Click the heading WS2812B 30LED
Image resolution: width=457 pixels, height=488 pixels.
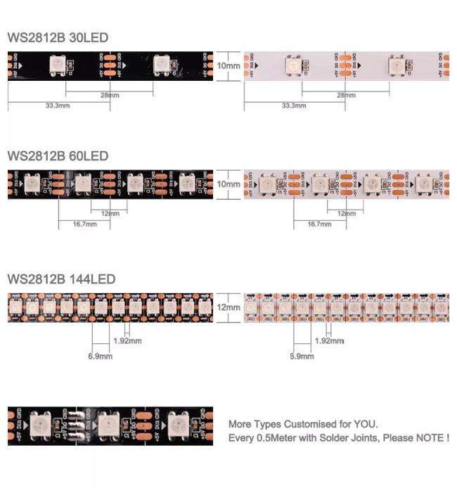[58, 38]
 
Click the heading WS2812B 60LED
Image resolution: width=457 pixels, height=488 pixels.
[58, 155]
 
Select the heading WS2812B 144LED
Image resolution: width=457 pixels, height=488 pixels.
[61, 279]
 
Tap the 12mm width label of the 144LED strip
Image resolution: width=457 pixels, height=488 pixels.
[228, 307]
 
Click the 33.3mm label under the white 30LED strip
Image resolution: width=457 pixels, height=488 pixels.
[294, 105]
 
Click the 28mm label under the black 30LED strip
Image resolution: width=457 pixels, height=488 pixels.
[110, 95]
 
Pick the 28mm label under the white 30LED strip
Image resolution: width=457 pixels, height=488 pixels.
[346, 95]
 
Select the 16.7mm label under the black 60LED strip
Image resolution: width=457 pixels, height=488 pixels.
[84, 224]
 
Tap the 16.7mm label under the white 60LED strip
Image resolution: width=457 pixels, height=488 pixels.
[320, 224]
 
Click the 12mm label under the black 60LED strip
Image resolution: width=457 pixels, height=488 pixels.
[110, 213]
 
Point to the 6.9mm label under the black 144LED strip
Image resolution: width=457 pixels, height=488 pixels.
[100, 357]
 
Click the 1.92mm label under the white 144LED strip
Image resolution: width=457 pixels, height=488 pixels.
[329, 341]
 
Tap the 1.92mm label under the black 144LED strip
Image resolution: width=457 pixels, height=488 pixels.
[127, 341]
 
